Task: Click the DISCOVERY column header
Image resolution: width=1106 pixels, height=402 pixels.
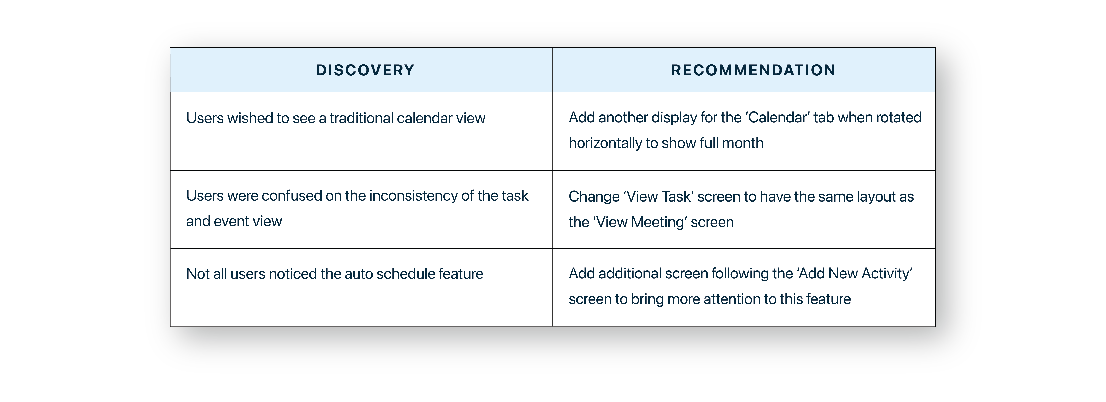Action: (365, 70)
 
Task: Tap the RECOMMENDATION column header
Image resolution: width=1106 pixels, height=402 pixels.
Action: (754, 70)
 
